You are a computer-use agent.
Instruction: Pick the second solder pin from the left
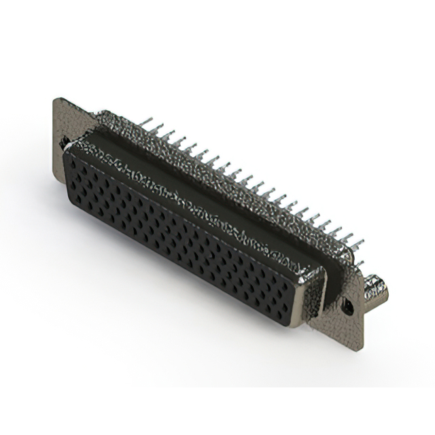(x=161, y=129)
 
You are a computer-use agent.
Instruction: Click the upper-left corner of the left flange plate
(x=56, y=101)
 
